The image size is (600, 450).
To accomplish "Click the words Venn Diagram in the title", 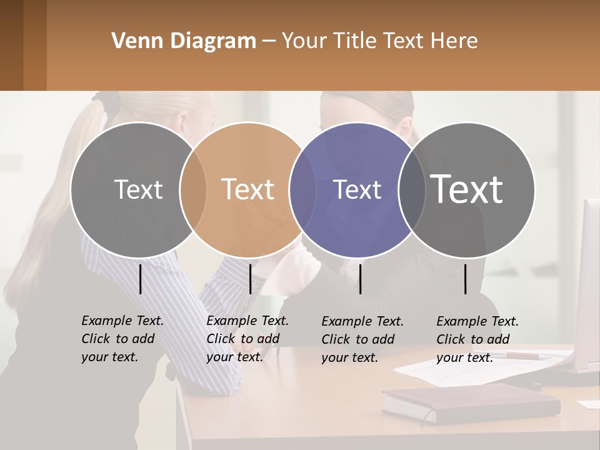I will [x=184, y=41].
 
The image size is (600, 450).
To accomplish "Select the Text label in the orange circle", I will [x=247, y=189].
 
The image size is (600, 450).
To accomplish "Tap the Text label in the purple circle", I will [x=357, y=189].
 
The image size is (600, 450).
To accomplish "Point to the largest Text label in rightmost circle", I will [x=467, y=189].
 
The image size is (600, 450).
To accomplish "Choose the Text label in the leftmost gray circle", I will [x=138, y=189].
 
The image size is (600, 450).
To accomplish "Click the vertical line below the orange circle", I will [x=250, y=279].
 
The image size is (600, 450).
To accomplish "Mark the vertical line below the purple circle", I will [x=360, y=279].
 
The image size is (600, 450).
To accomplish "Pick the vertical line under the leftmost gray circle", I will [x=140, y=279].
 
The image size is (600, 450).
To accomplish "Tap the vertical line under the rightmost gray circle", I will [x=465, y=279].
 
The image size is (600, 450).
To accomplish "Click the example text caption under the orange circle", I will [x=247, y=339].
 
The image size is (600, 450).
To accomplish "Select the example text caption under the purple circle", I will [x=362, y=339].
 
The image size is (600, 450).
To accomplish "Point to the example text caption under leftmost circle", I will [x=122, y=339].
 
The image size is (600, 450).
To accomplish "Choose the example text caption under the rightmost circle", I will [x=477, y=339].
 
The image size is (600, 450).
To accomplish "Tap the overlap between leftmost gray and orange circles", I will [x=193, y=189].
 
